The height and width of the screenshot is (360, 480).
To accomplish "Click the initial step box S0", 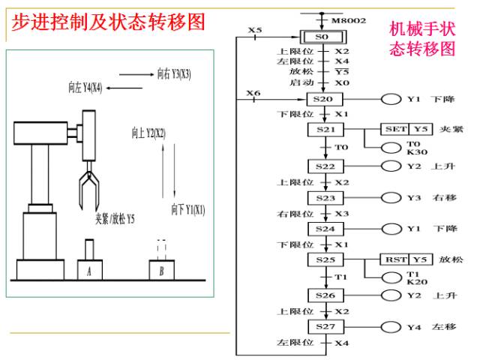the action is pyautogui.click(x=323, y=37).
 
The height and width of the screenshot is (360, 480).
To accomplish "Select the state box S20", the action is pyautogui.click(x=324, y=99).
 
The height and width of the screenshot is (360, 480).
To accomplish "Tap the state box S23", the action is pyautogui.click(x=325, y=198).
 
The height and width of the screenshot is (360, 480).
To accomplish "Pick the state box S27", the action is pyautogui.click(x=325, y=327).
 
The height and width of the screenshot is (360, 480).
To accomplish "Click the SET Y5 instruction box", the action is pyautogui.click(x=406, y=129).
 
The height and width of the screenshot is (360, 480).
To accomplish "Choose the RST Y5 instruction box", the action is pyautogui.click(x=406, y=259).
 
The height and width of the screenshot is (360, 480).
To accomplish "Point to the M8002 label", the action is pyautogui.click(x=349, y=20).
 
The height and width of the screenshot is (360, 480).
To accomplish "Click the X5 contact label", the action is pyautogui.click(x=255, y=30).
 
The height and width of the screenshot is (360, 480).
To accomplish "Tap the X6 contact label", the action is pyautogui.click(x=253, y=93).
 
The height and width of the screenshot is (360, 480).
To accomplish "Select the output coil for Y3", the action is pyautogui.click(x=391, y=198).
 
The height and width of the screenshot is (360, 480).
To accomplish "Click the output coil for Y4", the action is pyautogui.click(x=391, y=327).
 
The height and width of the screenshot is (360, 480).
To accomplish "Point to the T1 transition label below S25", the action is pyautogui.click(x=341, y=277).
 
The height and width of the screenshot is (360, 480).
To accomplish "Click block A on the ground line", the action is pyautogui.click(x=90, y=270).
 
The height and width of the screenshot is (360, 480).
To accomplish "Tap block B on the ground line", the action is pyautogui.click(x=162, y=270).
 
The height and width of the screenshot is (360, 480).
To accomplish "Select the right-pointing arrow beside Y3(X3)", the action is pyautogui.click(x=136, y=74).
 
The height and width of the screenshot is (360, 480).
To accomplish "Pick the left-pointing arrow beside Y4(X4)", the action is pyautogui.click(x=124, y=88).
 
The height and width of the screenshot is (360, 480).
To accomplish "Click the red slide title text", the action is pyautogui.click(x=108, y=22).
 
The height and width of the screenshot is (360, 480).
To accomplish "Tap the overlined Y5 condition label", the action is pyautogui.click(x=342, y=72).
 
